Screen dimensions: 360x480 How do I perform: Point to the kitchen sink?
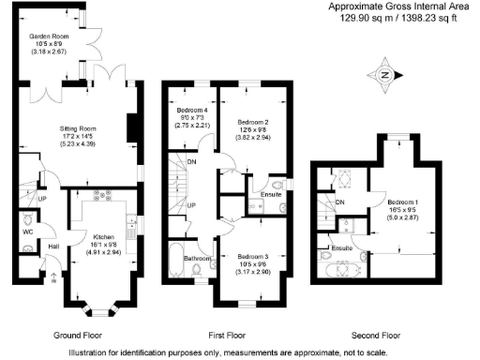point(131,225)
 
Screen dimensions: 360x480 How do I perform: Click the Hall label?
point(54,246)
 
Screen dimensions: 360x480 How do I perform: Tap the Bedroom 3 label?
point(253,256)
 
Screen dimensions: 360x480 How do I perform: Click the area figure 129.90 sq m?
point(358,17)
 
